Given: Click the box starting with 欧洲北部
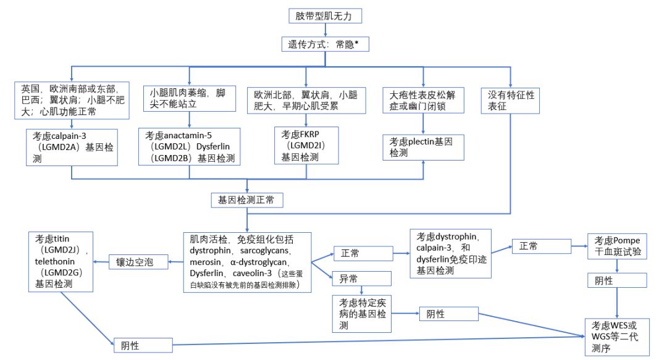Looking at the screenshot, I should point(306,101).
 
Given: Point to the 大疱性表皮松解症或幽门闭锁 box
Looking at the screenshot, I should point(423,101).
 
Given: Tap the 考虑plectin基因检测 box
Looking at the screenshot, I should point(423,147).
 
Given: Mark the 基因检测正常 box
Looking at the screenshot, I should point(246,200).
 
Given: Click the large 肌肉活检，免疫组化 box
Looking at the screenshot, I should point(247,262).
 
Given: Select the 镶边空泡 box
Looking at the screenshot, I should point(140,262).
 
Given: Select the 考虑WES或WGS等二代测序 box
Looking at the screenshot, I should point(617,336).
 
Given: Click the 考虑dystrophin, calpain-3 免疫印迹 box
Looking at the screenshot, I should point(451,253).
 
